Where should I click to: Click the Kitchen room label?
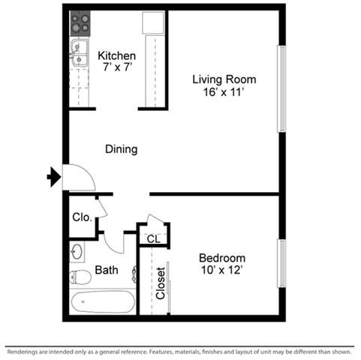click(117, 55)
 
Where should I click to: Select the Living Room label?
click(224, 79)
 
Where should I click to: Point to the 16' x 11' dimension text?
click(224, 92)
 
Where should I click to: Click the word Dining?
click(121, 149)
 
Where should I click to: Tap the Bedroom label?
click(223, 257)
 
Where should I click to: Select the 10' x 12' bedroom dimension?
click(223, 269)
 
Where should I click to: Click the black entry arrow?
click(53, 178)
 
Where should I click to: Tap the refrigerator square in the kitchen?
click(152, 23)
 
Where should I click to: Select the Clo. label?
click(82, 218)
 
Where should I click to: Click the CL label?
click(152, 238)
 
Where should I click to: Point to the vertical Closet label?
click(160, 283)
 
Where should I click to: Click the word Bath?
click(106, 270)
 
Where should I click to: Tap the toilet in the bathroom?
click(80, 277)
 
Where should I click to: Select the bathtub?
click(104, 303)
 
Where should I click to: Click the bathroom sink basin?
click(77, 250)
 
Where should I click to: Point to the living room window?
click(281, 88)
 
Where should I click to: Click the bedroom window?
click(281, 262)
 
